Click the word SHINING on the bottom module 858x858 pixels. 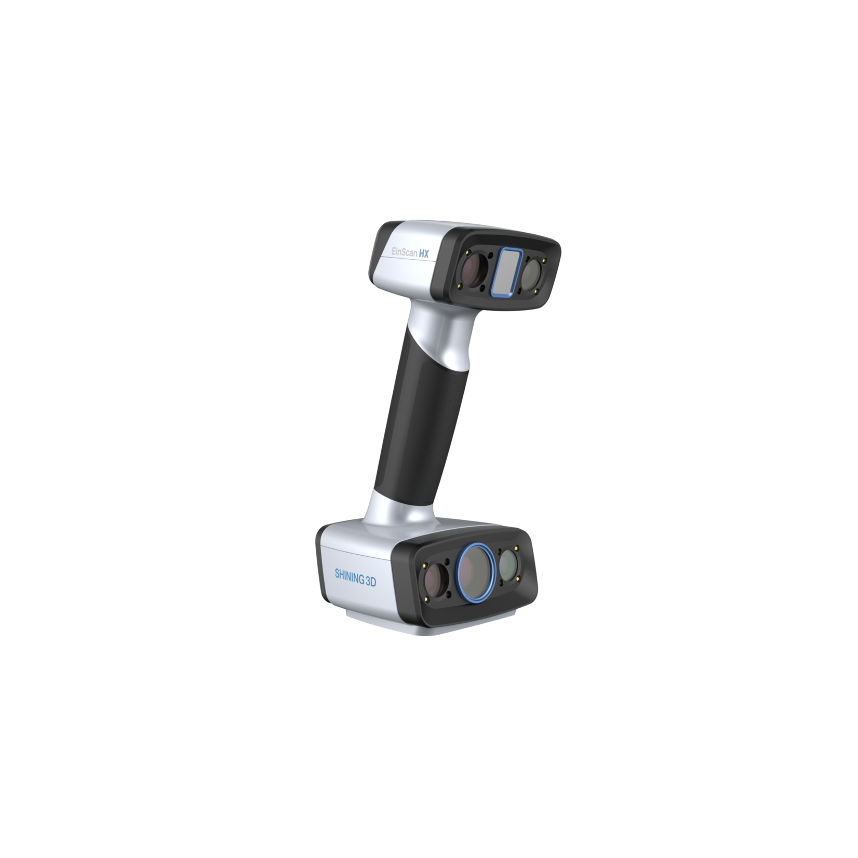pos(349,577)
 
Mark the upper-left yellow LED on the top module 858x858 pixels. pos(469,253)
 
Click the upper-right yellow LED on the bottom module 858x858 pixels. pos(517,548)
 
